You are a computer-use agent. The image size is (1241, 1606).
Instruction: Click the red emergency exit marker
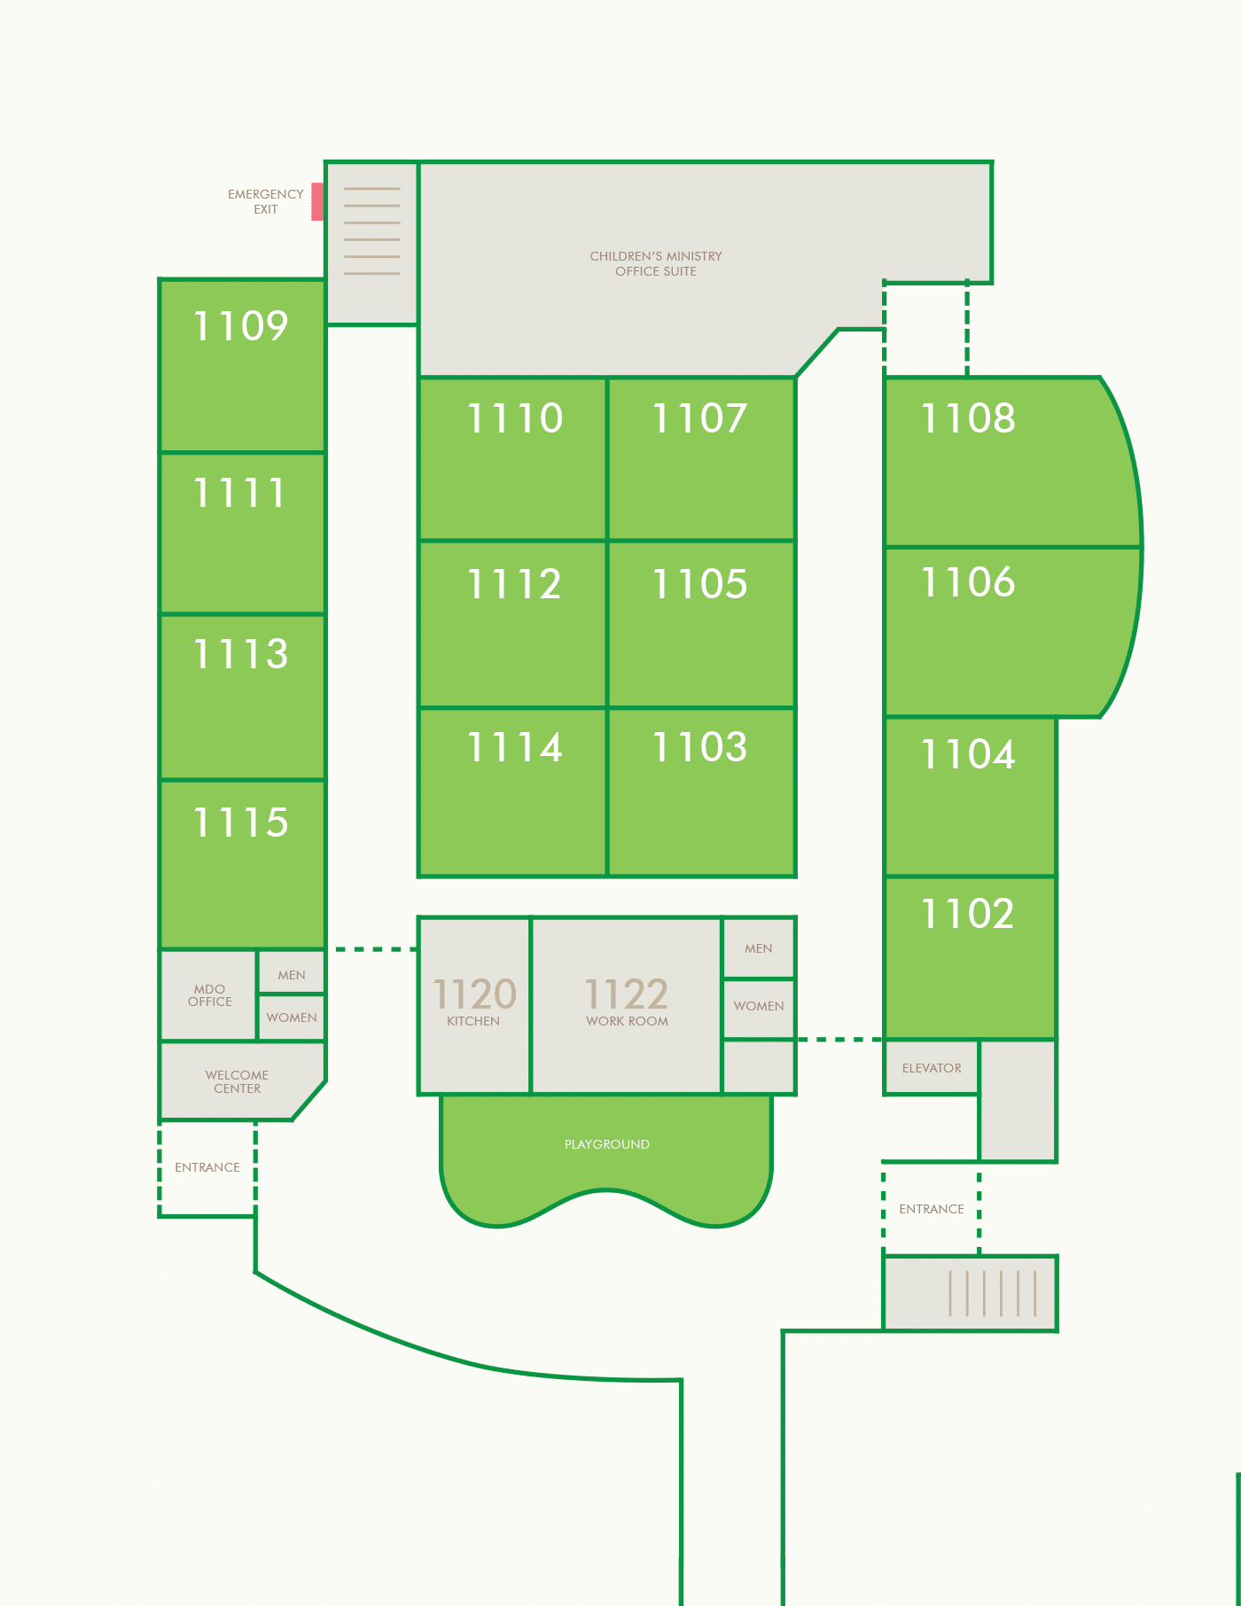coord(317,202)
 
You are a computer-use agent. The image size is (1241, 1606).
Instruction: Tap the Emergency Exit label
coord(266,202)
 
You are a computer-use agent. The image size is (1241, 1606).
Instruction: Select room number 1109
coord(241,326)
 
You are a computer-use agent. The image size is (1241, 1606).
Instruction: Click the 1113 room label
coord(241,654)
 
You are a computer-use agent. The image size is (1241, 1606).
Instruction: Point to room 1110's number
coord(515,418)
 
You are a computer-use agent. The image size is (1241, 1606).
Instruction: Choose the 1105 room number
coord(700,584)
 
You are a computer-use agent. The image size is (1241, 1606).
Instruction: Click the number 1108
coord(968,418)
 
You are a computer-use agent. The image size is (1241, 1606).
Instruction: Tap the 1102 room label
coord(968,914)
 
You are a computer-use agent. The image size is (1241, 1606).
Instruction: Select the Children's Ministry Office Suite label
coord(656,264)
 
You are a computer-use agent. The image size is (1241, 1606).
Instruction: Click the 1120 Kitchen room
coord(474,1006)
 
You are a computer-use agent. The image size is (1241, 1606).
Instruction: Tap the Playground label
coord(607,1144)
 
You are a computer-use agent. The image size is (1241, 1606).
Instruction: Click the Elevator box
coord(932,1067)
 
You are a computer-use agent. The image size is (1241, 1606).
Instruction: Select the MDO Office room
coord(209,994)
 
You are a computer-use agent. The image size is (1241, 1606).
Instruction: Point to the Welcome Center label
coord(237,1081)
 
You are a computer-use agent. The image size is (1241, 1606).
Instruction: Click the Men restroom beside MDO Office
coord(292,973)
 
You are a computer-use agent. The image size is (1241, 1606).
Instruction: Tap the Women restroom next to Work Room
coord(759,1007)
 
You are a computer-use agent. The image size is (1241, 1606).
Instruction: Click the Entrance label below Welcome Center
coord(207,1167)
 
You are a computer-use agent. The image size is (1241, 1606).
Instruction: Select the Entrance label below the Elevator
coord(932,1209)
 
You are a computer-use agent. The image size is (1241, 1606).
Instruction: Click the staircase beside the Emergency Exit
coord(372,243)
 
